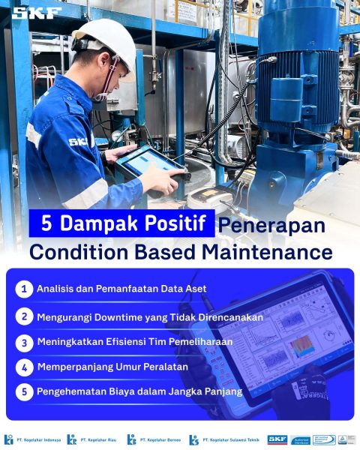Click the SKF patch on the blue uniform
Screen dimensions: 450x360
[x=78, y=142]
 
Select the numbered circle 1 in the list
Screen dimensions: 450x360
[x=25, y=289]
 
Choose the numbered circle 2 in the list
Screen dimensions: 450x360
[x=25, y=316]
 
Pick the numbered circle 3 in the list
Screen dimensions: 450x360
[x=25, y=342]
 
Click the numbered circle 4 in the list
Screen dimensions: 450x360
[x=25, y=367]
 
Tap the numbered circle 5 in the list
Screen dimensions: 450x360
[x=25, y=391]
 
